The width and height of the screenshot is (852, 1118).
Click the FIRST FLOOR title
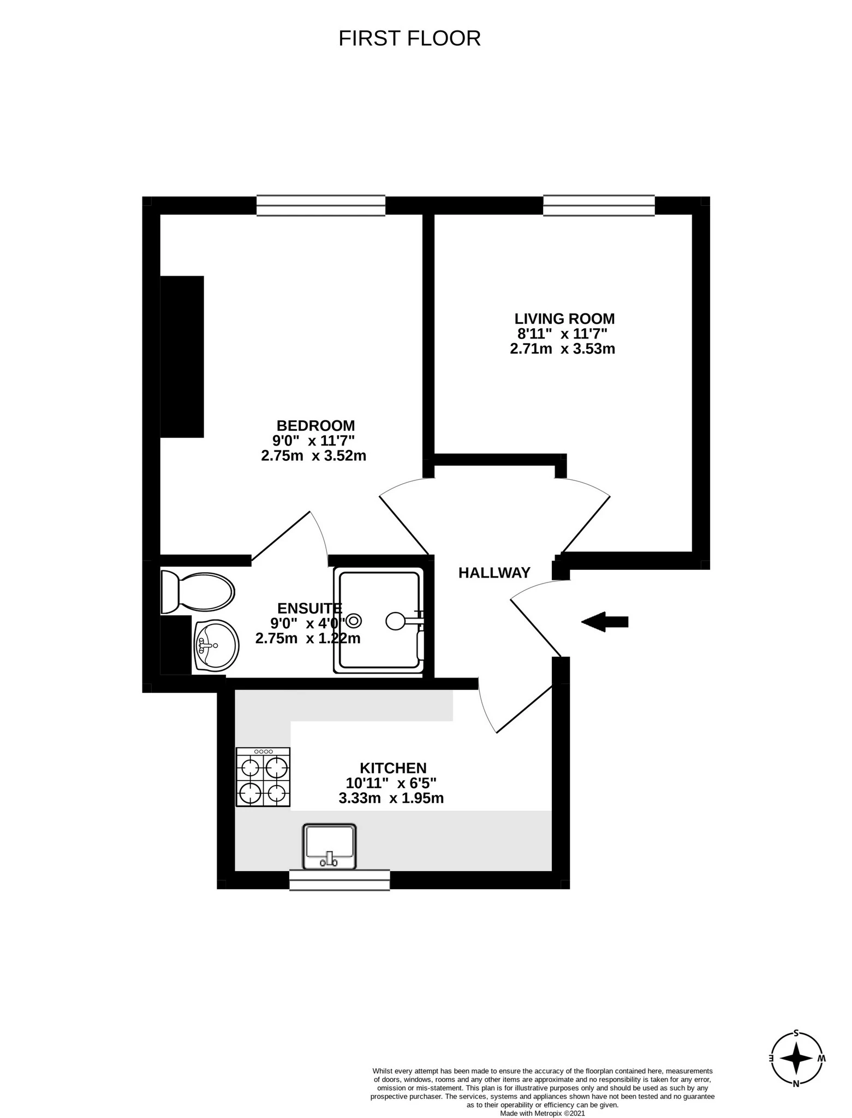click(x=409, y=39)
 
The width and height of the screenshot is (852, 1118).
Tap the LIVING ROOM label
click(x=564, y=319)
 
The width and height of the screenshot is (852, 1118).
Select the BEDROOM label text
click(x=315, y=425)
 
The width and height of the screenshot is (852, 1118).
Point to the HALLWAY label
click(x=494, y=573)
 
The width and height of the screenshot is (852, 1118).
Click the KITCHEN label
click(x=393, y=768)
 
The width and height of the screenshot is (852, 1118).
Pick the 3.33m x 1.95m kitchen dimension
click(x=391, y=799)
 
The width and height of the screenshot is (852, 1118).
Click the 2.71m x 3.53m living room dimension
click(x=562, y=349)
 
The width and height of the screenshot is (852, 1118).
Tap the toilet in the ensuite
click(x=198, y=592)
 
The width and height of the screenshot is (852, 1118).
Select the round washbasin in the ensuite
click(x=216, y=646)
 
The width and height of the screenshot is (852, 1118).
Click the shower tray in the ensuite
click(x=379, y=620)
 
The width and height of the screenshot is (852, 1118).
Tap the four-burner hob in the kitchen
click(x=263, y=777)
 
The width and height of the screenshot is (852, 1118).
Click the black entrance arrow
click(x=605, y=621)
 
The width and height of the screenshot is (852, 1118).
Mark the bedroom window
click(x=320, y=206)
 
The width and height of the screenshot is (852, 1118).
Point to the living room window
click(x=598, y=205)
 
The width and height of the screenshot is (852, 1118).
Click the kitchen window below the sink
click(x=339, y=880)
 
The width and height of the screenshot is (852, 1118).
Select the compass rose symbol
click(x=797, y=1058)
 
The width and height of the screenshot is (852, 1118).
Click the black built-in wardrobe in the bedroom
click(x=182, y=356)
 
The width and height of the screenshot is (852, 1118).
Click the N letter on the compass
click(x=796, y=1084)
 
